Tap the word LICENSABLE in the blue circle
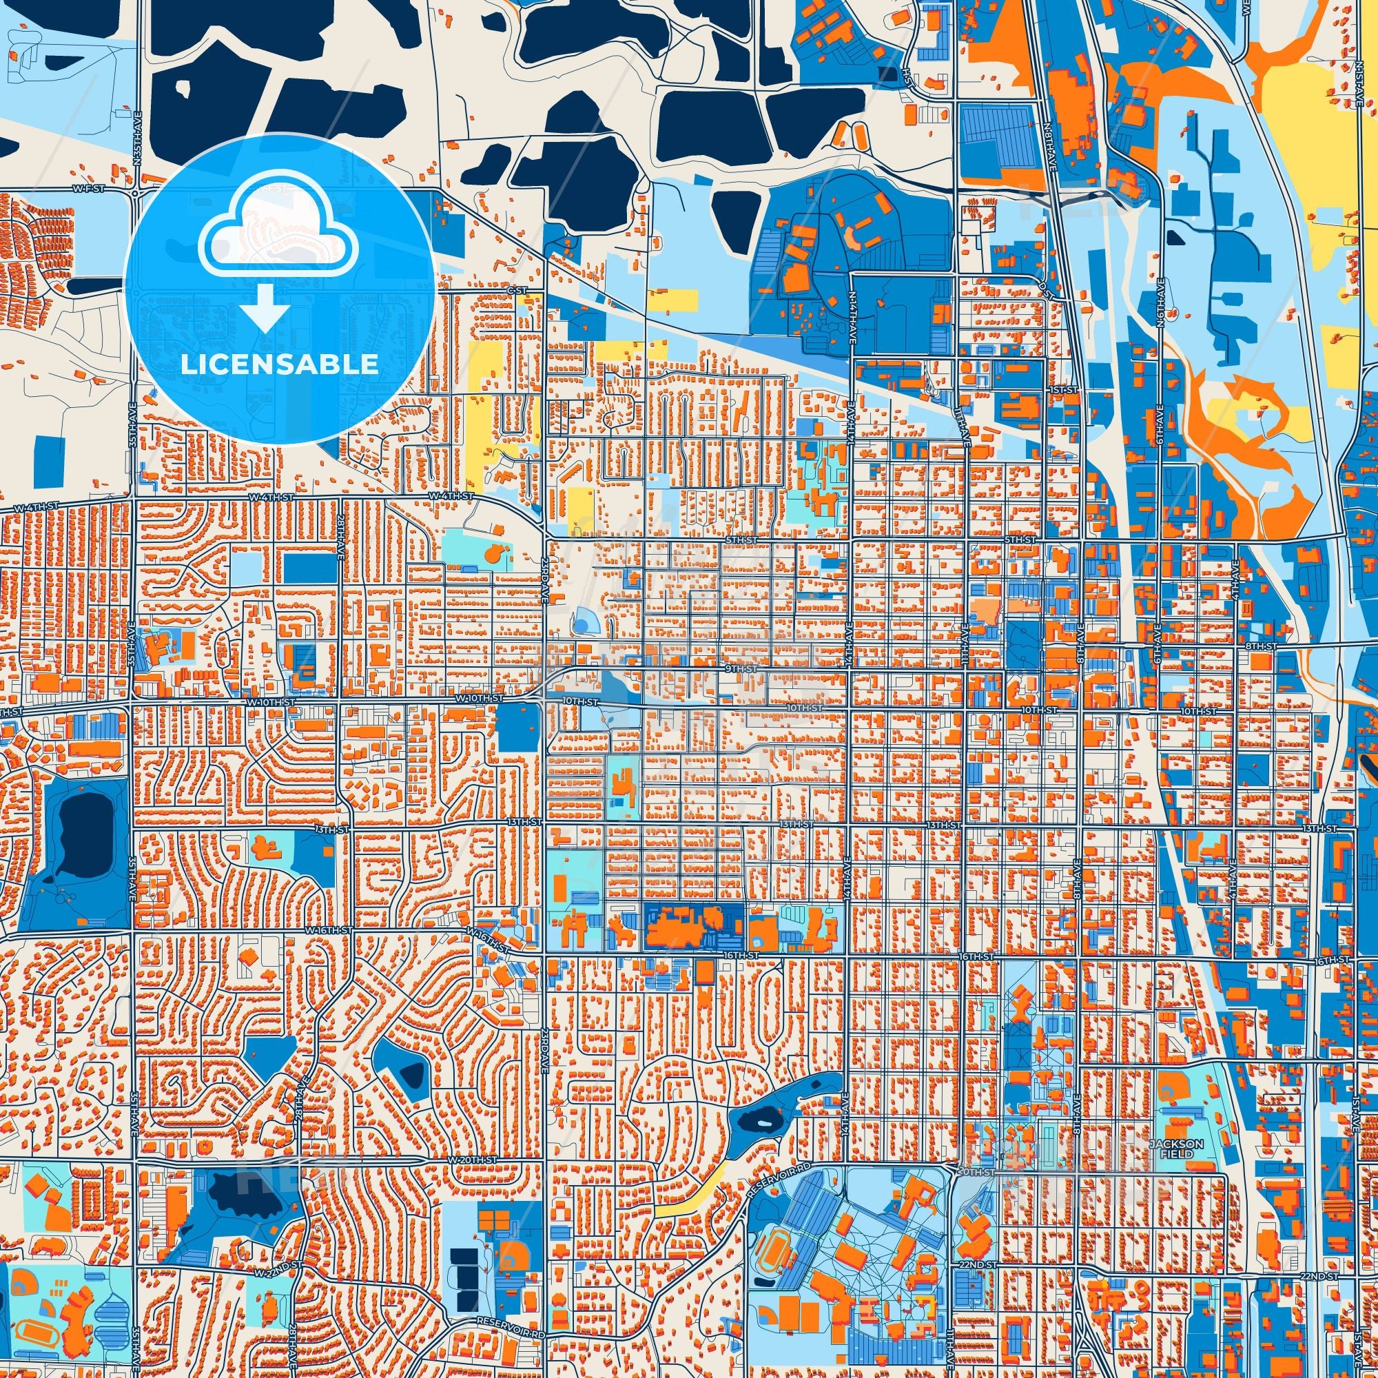coord(279,364)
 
